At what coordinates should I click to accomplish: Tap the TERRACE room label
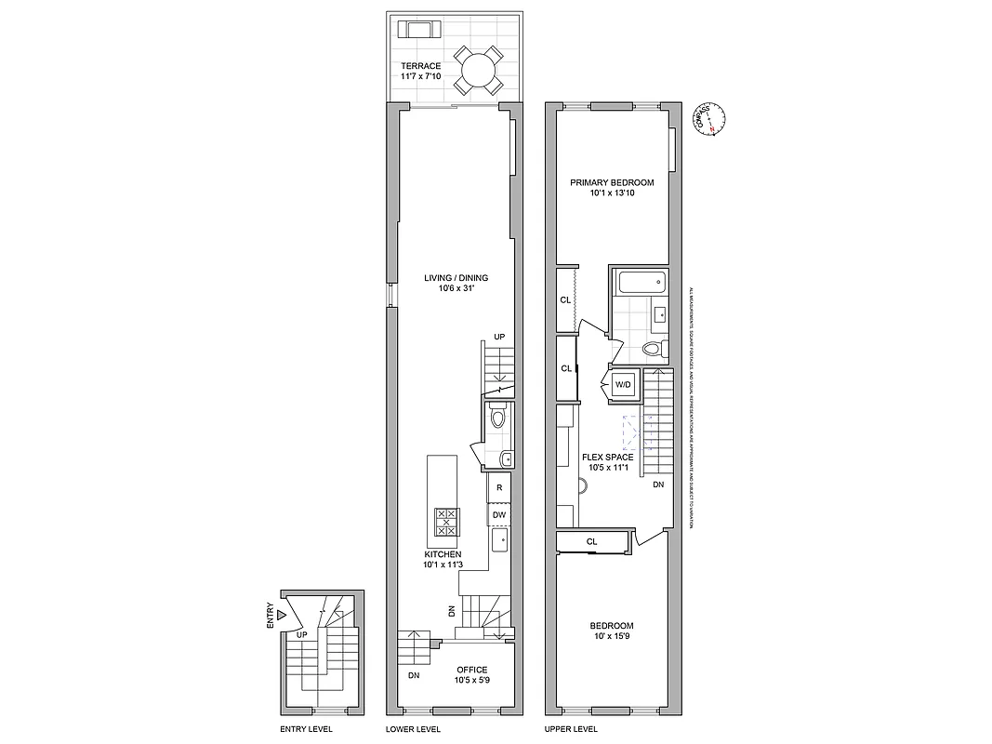pyautogui.click(x=420, y=66)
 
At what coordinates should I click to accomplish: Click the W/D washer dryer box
pyautogui.click(x=622, y=385)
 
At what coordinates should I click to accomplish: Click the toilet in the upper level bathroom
pyautogui.click(x=654, y=350)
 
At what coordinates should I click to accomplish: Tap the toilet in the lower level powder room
pyautogui.click(x=497, y=418)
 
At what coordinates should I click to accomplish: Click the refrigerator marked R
pyautogui.click(x=499, y=487)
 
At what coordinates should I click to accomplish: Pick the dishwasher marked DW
pyautogui.click(x=499, y=514)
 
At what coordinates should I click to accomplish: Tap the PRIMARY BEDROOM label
pyautogui.click(x=612, y=182)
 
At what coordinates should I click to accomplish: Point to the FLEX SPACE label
pyautogui.click(x=607, y=457)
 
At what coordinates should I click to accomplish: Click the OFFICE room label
pyautogui.click(x=470, y=670)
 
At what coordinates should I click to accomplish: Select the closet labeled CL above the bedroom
pyautogui.click(x=591, y=541)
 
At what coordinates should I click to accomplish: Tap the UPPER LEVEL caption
pyautogui.click(x=570, y=729)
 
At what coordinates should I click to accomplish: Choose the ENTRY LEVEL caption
pyautogui.click(x=306, y=729)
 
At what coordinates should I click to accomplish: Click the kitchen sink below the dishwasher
pyautogui.click(x=499, y=539)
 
